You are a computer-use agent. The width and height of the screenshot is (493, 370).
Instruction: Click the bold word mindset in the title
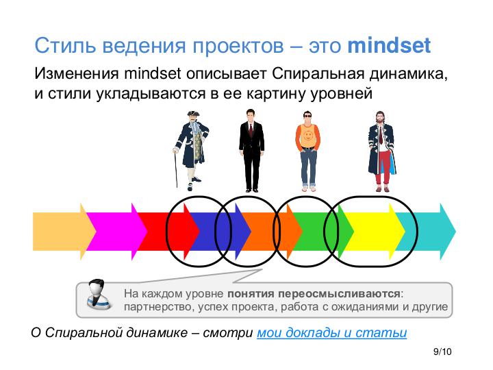coord(389,46)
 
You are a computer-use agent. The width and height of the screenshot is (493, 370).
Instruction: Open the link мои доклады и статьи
coord(331,332)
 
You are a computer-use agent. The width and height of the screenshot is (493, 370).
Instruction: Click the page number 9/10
coord(442,351)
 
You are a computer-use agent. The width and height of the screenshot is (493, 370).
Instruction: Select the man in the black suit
coord(251,150)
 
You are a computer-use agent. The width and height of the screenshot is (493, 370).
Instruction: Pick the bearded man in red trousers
coord(381,151)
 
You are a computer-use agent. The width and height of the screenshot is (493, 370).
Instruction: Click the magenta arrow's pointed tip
coord(147,232)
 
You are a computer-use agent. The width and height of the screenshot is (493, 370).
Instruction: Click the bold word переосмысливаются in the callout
coord(339,294)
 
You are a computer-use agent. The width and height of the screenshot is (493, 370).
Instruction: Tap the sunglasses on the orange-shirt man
coord(307,116)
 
